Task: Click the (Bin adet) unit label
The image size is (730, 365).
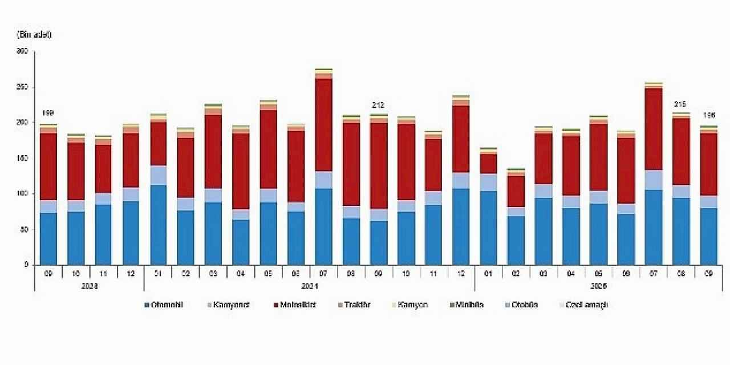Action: (34, 34)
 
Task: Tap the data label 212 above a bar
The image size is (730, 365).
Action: (378, 106)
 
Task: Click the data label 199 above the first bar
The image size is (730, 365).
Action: (48, 113)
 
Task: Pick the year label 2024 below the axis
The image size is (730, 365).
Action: (309, 286)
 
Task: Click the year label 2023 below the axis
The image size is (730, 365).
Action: (89, 286)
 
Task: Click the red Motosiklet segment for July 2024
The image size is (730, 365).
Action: (323, 125)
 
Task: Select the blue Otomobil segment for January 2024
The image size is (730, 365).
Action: (157, 225)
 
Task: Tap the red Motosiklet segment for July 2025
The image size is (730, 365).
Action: (654, 129)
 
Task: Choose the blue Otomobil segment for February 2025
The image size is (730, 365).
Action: (516, 240)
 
